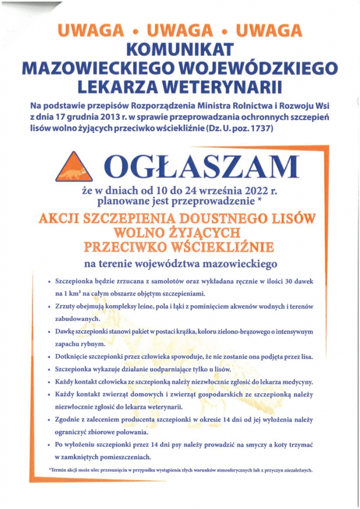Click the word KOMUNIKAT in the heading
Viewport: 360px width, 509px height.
[x=180, y=50]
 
